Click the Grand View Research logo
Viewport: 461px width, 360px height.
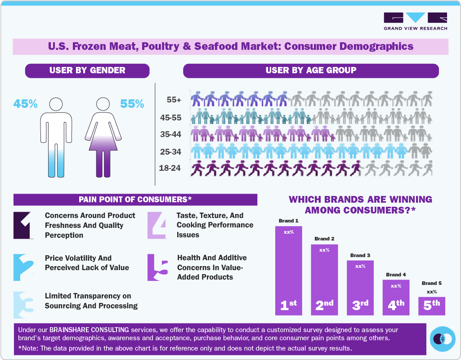pyautogui.click(x=415, y=21)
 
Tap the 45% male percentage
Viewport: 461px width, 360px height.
pyautogui.click(x=25, y=104)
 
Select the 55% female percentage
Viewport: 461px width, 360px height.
pyautogui.click(x=132, y=104)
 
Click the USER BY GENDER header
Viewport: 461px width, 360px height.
pyautogui.click(x=87, y=71)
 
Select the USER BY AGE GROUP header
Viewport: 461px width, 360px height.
pyautogui.click(x=311, y=71)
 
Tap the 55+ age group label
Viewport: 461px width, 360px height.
pyautogui.click(x=173, y=99)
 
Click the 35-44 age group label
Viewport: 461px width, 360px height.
pyautogui.click(x=170, y=134)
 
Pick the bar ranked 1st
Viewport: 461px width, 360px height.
pyautogui.click(x=288, y=270)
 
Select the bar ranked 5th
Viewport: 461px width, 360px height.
pyautogui.click(x=431, y=306)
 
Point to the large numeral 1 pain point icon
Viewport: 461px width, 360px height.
pyautogui.click(x=23, y=225)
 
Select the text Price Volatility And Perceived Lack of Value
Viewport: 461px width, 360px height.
pyautogui.click(x=87, y=263)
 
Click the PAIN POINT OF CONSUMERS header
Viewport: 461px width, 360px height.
pyautogui.click(x=135, y=200)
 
